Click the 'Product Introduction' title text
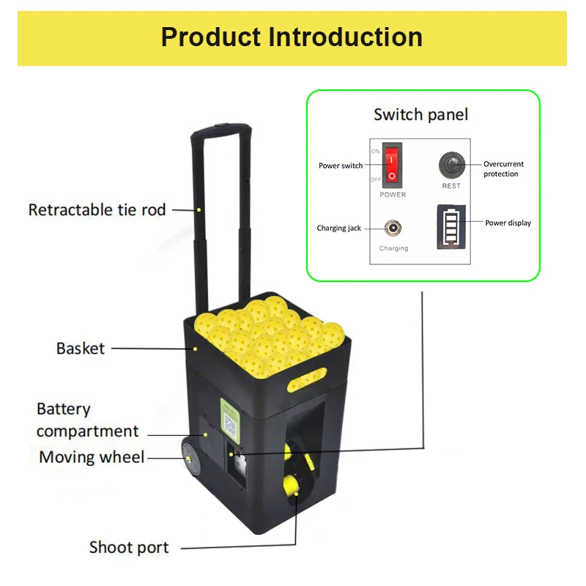[x=292, y=37]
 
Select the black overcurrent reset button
[x=451, y=163]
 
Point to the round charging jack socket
[x=393, y=228]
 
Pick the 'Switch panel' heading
[x=420, y=114]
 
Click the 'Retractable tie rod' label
[x=97, y=210]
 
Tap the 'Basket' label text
[x=81, y=348]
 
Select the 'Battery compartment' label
[x=87, y=420]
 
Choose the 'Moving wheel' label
[x=92, y=457]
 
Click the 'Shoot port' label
[x=129, y=547]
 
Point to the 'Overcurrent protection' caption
[x=503, y=169]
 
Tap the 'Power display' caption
[x=508, y=223]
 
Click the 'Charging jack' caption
[x=338, y=229]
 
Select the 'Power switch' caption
[x=340, y=166]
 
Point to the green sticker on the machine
[x=231, y=422]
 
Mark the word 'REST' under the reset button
[x=451, y=186]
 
